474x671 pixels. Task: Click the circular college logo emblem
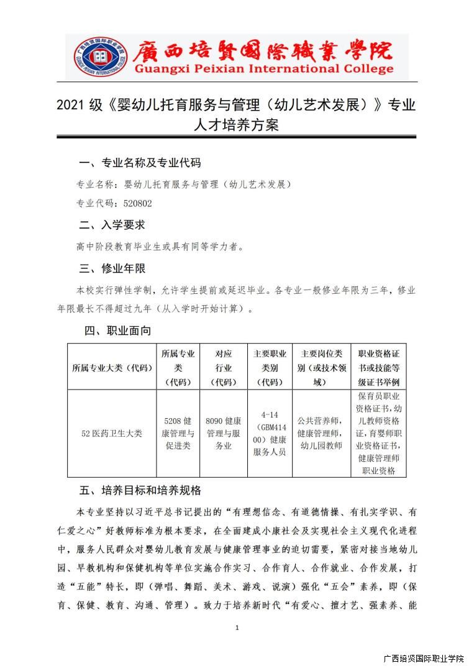coord(94,57)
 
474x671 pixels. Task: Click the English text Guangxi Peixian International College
coord(263,69)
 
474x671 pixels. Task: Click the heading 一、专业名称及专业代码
coord(140,163)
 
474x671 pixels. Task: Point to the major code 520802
coord(138,203)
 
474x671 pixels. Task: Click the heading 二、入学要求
coord(112,225)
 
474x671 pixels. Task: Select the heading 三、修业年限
coord(112,268)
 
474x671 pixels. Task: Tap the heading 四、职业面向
coord(117,331)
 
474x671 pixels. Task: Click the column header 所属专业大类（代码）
coord(112,368)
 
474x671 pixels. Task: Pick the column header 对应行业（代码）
coord(224,368)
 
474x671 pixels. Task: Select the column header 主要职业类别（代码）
coord(270,368)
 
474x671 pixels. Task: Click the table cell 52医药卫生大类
coord(112,433)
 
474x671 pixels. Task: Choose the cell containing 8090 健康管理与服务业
coord(224,433)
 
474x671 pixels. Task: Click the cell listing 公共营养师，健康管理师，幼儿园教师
coord(321,433)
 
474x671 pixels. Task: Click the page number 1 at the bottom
coord(237,629)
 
